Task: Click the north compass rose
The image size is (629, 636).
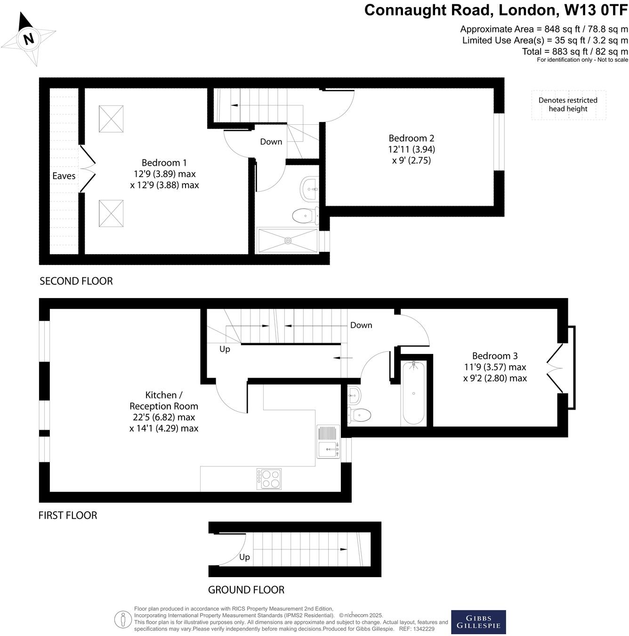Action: (28, 39)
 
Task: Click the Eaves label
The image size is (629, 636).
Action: (64, 176)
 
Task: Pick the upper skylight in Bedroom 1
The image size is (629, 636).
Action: (111, 119)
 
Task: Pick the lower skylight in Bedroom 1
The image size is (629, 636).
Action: (111, 213)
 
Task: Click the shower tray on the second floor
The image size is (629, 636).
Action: (287, 241)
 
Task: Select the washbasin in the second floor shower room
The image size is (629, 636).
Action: (309, 189)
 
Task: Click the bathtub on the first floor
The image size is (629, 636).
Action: (413, 393)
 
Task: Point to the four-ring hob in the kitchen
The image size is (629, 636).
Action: (269, 479)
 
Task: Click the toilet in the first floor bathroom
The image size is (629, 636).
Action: (360, 415)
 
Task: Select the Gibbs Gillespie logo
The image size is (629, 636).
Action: (478, 622)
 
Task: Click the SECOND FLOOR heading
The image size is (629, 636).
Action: (76, 281)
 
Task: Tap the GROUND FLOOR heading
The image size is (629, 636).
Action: (246, 589)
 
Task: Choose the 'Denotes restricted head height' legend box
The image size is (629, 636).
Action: (568, 105)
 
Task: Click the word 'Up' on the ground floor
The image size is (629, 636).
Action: (244, 557)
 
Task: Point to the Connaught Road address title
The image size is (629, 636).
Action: (496, 10)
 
